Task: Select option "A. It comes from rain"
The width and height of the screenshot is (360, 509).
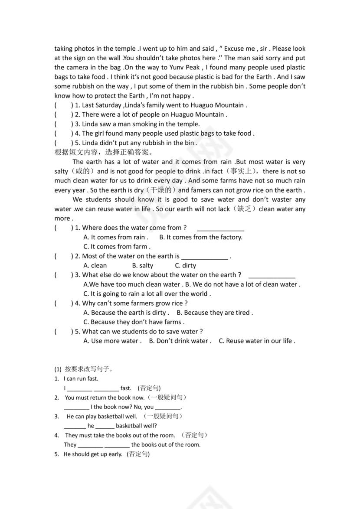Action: (x=115, y=237)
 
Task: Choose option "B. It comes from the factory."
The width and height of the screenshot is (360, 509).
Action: (x=201, y=237)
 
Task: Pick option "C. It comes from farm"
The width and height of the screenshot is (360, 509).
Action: (x=117, y=247)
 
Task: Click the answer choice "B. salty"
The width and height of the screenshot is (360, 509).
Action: (x=143, y=265)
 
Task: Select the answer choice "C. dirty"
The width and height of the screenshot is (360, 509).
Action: (x=185, y=265)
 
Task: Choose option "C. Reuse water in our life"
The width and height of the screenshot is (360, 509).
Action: (x=257, y=341)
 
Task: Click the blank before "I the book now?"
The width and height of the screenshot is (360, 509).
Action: (x=76, y=407)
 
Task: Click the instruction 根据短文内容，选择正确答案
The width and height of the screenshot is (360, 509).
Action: (x=103, y=152)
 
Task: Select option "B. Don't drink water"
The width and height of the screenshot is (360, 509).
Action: (x=180, y=341)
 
